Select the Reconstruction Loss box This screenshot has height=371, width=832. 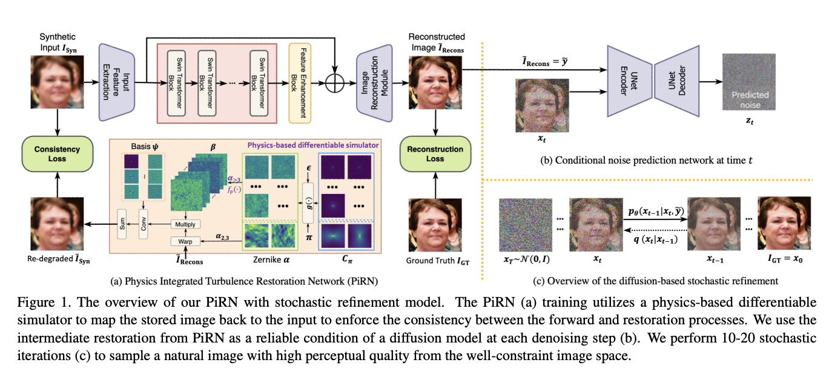tap(435, 154)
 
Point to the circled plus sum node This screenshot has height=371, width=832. tap(334, 83)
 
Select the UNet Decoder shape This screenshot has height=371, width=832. tap(676, 82)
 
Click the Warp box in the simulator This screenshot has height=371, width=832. tap(184, 241)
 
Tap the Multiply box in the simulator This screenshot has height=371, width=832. tap(184, 224)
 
